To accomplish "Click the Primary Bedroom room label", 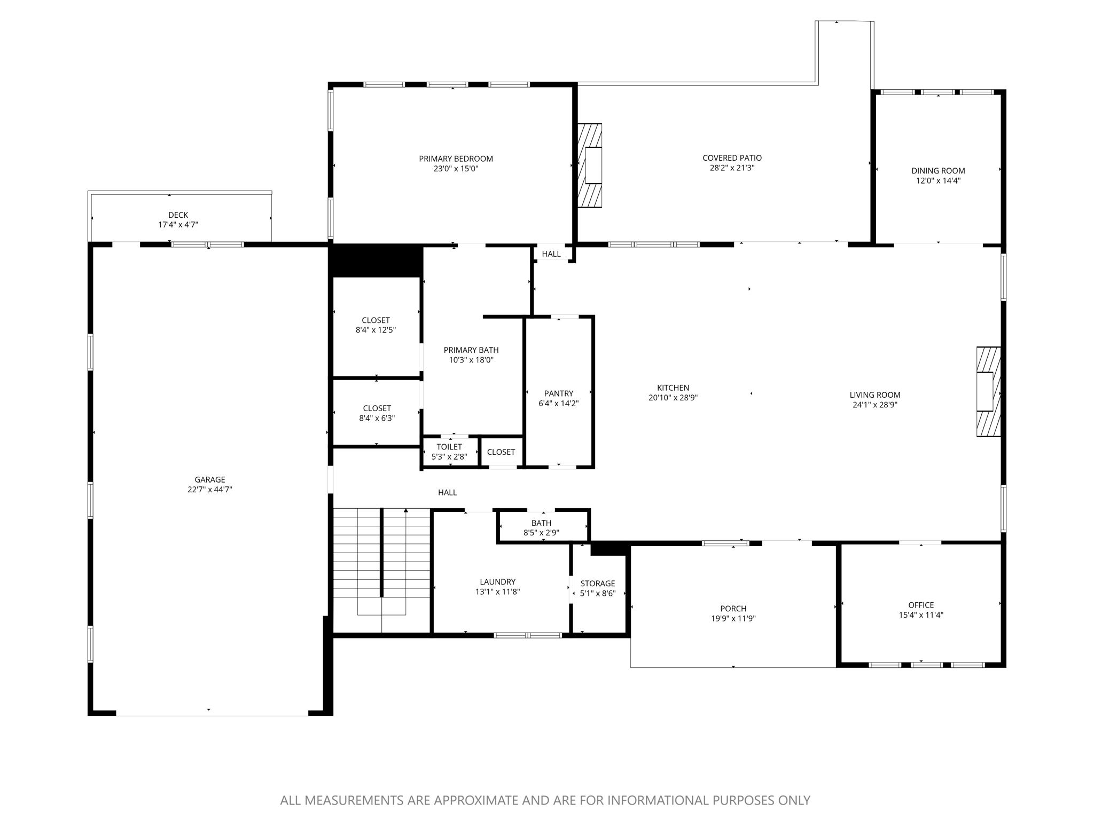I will coord(456,159).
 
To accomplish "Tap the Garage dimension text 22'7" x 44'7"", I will coord(209,489).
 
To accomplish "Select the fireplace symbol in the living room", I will coord(988,392).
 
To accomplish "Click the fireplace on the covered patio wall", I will coord(590,165).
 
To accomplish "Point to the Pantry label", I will coord(559,393).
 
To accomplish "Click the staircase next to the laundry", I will coord(381,561).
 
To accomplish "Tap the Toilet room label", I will coord(449,447).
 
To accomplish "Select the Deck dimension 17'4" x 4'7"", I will coord(178,225).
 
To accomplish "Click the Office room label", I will coord(921,605).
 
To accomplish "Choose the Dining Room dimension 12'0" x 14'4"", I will coord(938,180).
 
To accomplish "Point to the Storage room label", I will coord(598,584).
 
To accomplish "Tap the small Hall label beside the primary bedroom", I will coord(551,254).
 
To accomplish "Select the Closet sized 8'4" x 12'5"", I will coord(376,325).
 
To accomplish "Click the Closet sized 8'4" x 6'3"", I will coord(377,413).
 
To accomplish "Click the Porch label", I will coord(733,609).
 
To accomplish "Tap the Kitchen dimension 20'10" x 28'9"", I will coord(673,398).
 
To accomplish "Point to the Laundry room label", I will coord(497,582).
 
